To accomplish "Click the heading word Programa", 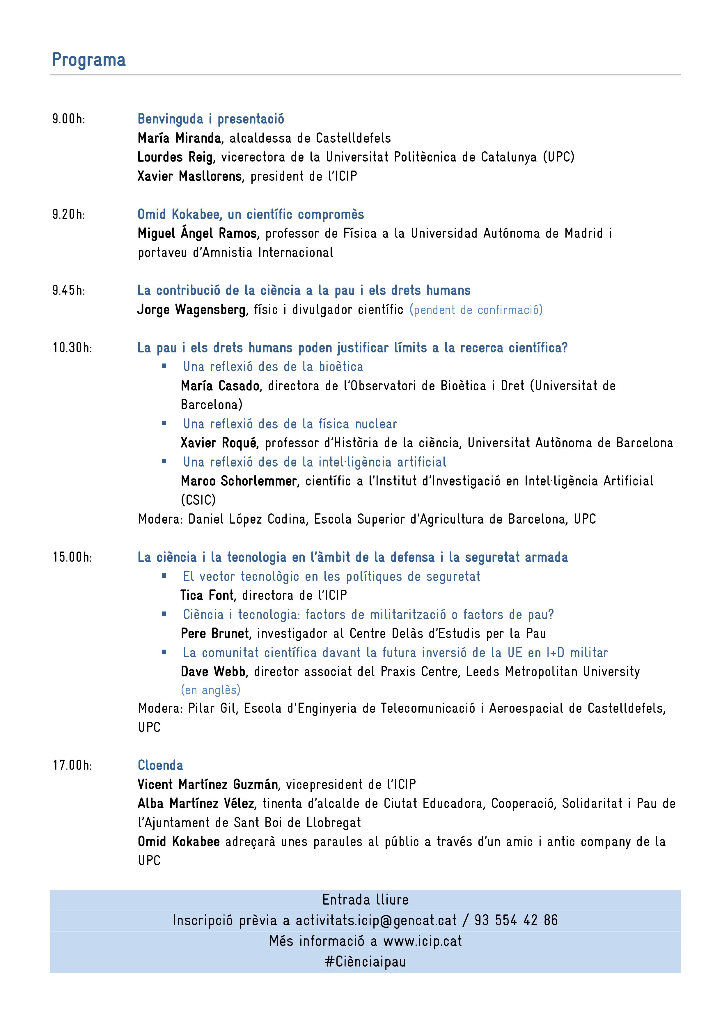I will [89, 60].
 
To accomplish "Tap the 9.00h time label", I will [68, 119].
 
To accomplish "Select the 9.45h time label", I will [68, 290].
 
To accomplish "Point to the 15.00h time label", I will [72, 557].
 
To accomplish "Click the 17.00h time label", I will [72, 765].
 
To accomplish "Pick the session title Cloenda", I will [160, 765].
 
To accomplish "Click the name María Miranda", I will [179, 138].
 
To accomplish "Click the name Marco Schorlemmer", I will [239, 481].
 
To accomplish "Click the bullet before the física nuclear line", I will [164, 423].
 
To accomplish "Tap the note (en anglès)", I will [210, 690].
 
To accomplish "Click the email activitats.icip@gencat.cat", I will [376, 920].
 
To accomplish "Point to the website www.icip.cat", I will [422, 941].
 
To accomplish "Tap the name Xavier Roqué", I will [218, 443].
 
